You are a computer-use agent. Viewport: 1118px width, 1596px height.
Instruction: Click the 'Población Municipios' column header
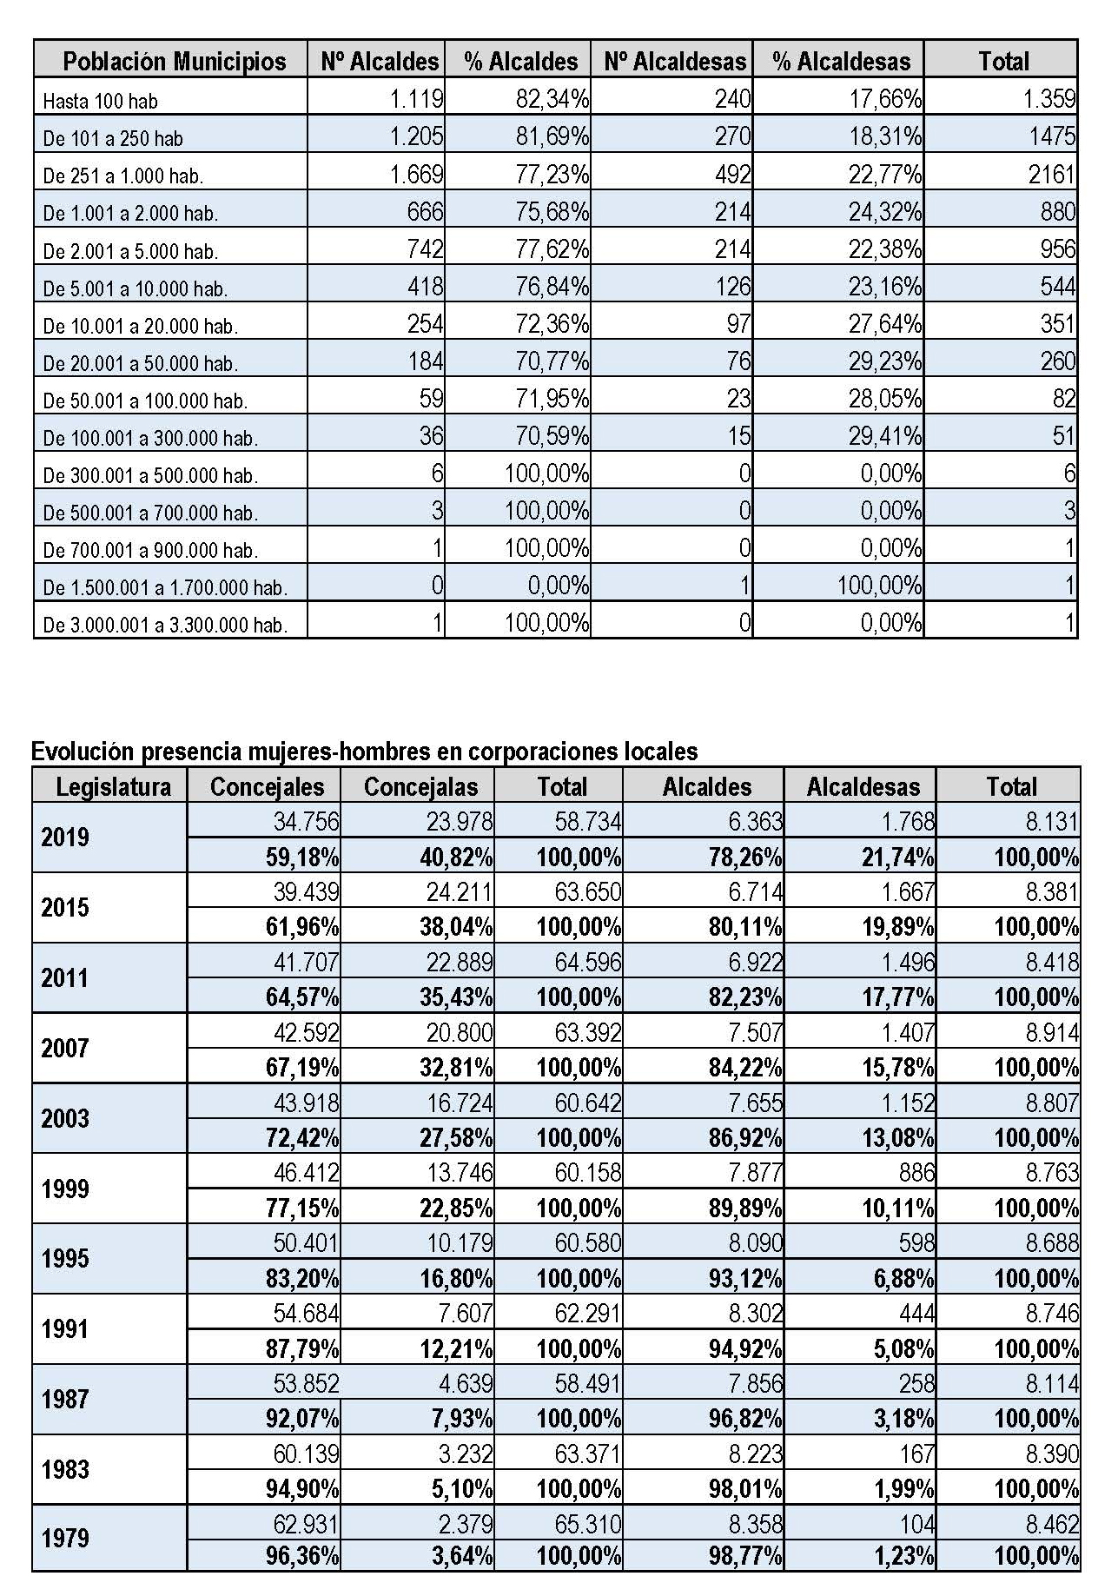[x=174, y=62]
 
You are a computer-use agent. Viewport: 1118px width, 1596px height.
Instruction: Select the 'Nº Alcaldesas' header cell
[x=674, y=62]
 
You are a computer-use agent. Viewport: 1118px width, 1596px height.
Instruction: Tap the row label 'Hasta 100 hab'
[x=100, y=102]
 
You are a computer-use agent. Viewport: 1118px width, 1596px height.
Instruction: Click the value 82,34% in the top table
[x=552, y=99]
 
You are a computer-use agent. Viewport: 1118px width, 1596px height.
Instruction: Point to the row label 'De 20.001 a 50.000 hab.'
[x=140, y=363]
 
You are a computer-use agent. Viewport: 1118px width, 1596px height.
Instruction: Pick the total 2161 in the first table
[x=1052, y=175]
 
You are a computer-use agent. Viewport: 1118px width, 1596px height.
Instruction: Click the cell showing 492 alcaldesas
[x=731, y=175]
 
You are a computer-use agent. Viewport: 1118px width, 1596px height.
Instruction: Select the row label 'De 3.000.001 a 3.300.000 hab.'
[x=164, y=625]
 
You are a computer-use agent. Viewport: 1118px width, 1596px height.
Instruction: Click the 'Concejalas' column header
[x=420, y=787]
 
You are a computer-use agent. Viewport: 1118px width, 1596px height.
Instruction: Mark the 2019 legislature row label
[x=65, y=838]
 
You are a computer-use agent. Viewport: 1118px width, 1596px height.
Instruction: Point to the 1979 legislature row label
[x=65, y=1539]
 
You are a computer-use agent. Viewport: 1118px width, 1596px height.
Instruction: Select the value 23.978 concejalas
[x=460, y=821]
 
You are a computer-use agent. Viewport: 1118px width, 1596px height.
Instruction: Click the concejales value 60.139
[x=306, y=1454]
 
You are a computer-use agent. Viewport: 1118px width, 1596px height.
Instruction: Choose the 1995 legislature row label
[x=65, y=1259]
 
